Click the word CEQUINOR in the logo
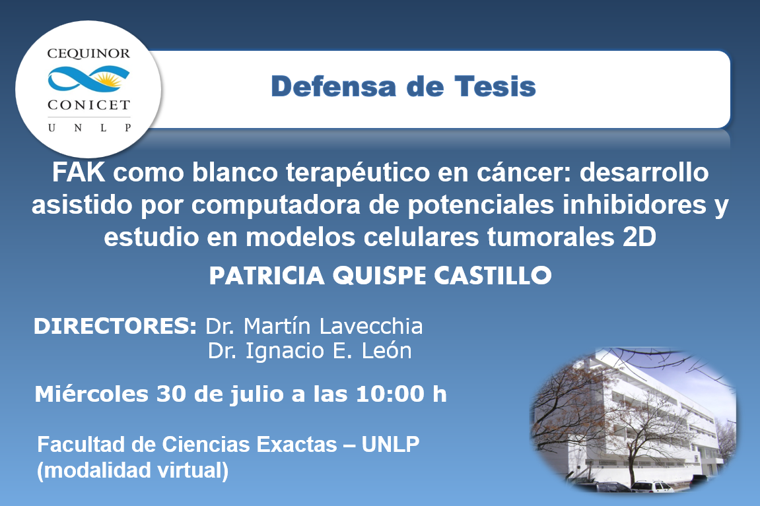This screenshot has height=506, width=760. point(88,53)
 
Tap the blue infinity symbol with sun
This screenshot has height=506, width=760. point(88,79)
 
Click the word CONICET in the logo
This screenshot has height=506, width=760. point(88,105)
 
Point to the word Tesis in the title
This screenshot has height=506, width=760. point(495,86)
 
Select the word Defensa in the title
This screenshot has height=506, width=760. point(334,86)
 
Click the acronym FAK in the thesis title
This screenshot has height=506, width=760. point(78,172)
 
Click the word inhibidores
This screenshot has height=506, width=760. point(634,205)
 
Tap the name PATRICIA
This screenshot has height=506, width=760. point(267,276)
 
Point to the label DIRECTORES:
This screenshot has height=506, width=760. point(115,327)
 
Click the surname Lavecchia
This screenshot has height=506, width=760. point(371,327)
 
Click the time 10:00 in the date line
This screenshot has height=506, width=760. point(390,394)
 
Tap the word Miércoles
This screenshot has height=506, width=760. point(92,394)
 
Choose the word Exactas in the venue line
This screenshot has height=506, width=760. point(296,445)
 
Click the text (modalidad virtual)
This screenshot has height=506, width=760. point(133,470)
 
